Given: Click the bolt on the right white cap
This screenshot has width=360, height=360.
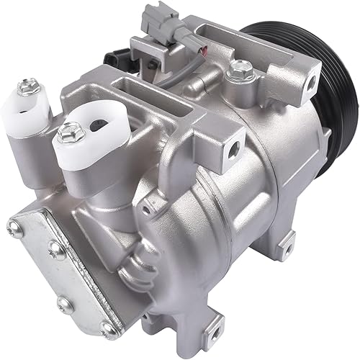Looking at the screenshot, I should (x=69, y=130).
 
